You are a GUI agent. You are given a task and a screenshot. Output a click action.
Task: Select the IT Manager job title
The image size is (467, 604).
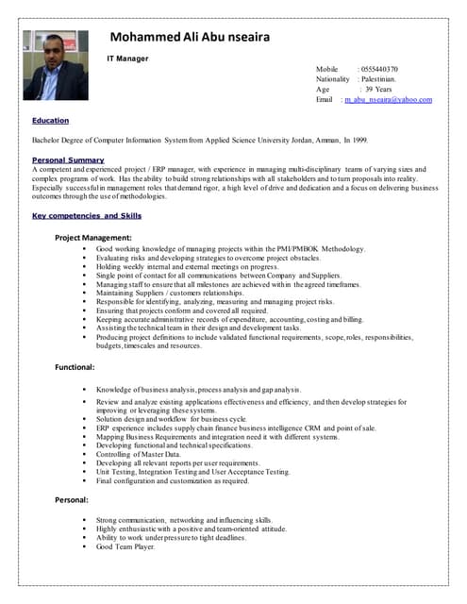point(126,58)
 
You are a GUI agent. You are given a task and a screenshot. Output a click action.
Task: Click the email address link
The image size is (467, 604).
point(388,99)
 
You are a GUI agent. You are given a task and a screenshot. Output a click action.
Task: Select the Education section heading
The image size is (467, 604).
point(50,121)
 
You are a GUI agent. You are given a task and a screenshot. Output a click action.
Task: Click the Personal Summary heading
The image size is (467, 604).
point(68,159)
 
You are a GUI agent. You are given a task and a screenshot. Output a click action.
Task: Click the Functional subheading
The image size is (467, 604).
point(75,366)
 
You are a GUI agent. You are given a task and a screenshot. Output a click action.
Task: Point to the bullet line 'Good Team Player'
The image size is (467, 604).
point(125,546)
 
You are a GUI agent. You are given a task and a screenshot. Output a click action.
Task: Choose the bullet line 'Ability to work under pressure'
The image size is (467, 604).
point(170,538)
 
